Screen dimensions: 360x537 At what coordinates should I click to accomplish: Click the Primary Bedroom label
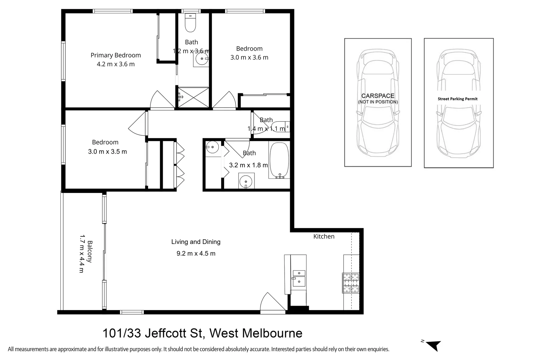coord(115,55)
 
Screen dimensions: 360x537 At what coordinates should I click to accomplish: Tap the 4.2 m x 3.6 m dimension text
coord(115,64)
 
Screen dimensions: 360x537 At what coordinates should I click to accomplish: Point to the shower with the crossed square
coord(193,97)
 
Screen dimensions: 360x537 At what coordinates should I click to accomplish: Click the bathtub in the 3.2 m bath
coord(279,160)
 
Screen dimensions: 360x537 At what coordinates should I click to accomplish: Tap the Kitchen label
coord(324,237)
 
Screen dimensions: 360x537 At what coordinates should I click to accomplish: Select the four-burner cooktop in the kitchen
coord(351,283)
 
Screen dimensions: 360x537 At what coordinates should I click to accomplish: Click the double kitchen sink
coord(299,278)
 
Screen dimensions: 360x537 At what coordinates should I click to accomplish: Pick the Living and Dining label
coord(196,242)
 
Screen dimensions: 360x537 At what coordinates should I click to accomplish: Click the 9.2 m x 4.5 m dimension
coord(196,254)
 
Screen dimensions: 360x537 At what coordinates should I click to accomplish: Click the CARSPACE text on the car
coord(378,96)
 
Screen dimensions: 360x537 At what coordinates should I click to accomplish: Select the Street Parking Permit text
coord(457,99)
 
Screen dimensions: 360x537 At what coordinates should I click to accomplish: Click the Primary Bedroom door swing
coord(162,100)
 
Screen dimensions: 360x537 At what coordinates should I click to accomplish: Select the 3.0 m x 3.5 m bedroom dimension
coord(107,152)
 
